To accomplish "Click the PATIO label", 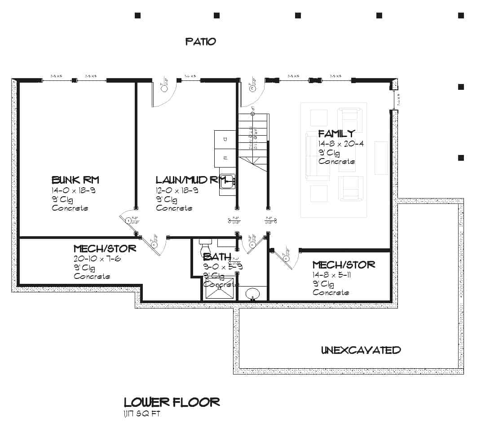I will pyautogui.click(x=201, y=42).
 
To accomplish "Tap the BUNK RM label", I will pyautogui.click(x=75, y=180).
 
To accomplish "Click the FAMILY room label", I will pyautogui.click(x=336, y=133).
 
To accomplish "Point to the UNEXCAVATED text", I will pyautogui.click(x=361, y=350).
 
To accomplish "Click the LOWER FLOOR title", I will pyautogui.click(x=172, y=402).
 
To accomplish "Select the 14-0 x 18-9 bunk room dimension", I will pyautogui.click(x=74, y=190).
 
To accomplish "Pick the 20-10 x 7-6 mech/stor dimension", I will pyautogui.click(x=97, y=259).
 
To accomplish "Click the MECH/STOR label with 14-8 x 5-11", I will pyautogui.click(x=344, y=265).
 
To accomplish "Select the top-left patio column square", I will pyautogui.click(x=138, y=15).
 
